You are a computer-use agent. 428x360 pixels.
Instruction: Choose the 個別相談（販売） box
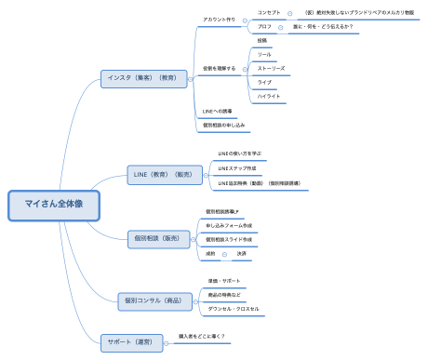click(x=158, y=239)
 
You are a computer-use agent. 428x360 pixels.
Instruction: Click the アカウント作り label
click(x=219, y=20)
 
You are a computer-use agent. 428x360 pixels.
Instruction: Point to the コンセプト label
click(x=270, y=12)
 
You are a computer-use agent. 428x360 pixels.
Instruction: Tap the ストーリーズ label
click(x=272, y=68)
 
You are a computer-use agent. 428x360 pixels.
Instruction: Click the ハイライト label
click(x=269, y=96)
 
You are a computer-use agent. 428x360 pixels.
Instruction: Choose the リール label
click(x=264, y=55)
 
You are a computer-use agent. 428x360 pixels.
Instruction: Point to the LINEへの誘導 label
click(x=219, y=111)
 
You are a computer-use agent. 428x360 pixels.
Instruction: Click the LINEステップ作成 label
click(x=236, y=168)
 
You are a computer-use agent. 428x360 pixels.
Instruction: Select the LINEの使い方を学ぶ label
click(x=238, y=153)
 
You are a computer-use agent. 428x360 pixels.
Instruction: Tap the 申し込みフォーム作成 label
click(x=229, y=226)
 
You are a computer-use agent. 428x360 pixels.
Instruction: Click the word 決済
click(x=241, y=253)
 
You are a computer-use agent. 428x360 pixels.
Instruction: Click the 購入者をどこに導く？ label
click(x=202, y=335)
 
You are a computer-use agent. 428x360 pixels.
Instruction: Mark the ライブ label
click(x=263, y=82)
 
